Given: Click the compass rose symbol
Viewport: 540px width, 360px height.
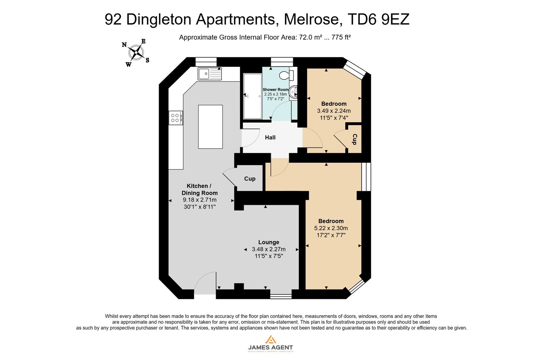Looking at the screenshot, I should pos(136,52).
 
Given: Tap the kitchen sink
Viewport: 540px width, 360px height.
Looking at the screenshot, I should pos(209,74).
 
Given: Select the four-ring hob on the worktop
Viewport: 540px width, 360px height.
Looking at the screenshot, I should pos(176,118).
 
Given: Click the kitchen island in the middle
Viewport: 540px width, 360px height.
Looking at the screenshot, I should pos(210,127).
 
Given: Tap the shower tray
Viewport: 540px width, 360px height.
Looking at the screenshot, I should pos(253,96).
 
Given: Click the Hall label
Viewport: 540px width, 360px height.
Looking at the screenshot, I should pos(270,137).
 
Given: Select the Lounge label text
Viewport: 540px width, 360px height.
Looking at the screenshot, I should pos(269,242).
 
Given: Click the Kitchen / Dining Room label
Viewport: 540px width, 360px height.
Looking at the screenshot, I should pos(199,189).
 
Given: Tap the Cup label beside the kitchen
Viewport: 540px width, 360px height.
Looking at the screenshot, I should pos(250,179).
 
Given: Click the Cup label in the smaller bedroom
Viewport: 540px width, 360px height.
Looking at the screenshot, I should pos(354,139).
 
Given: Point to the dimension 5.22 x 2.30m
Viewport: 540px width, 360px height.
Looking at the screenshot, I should pos(331,228).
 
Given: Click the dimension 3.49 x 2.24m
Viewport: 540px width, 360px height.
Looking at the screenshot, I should pos(333,111).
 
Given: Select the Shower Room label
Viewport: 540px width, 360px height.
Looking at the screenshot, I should pos(275,90).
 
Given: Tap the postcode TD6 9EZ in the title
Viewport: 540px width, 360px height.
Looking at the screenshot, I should pos(378,19).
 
